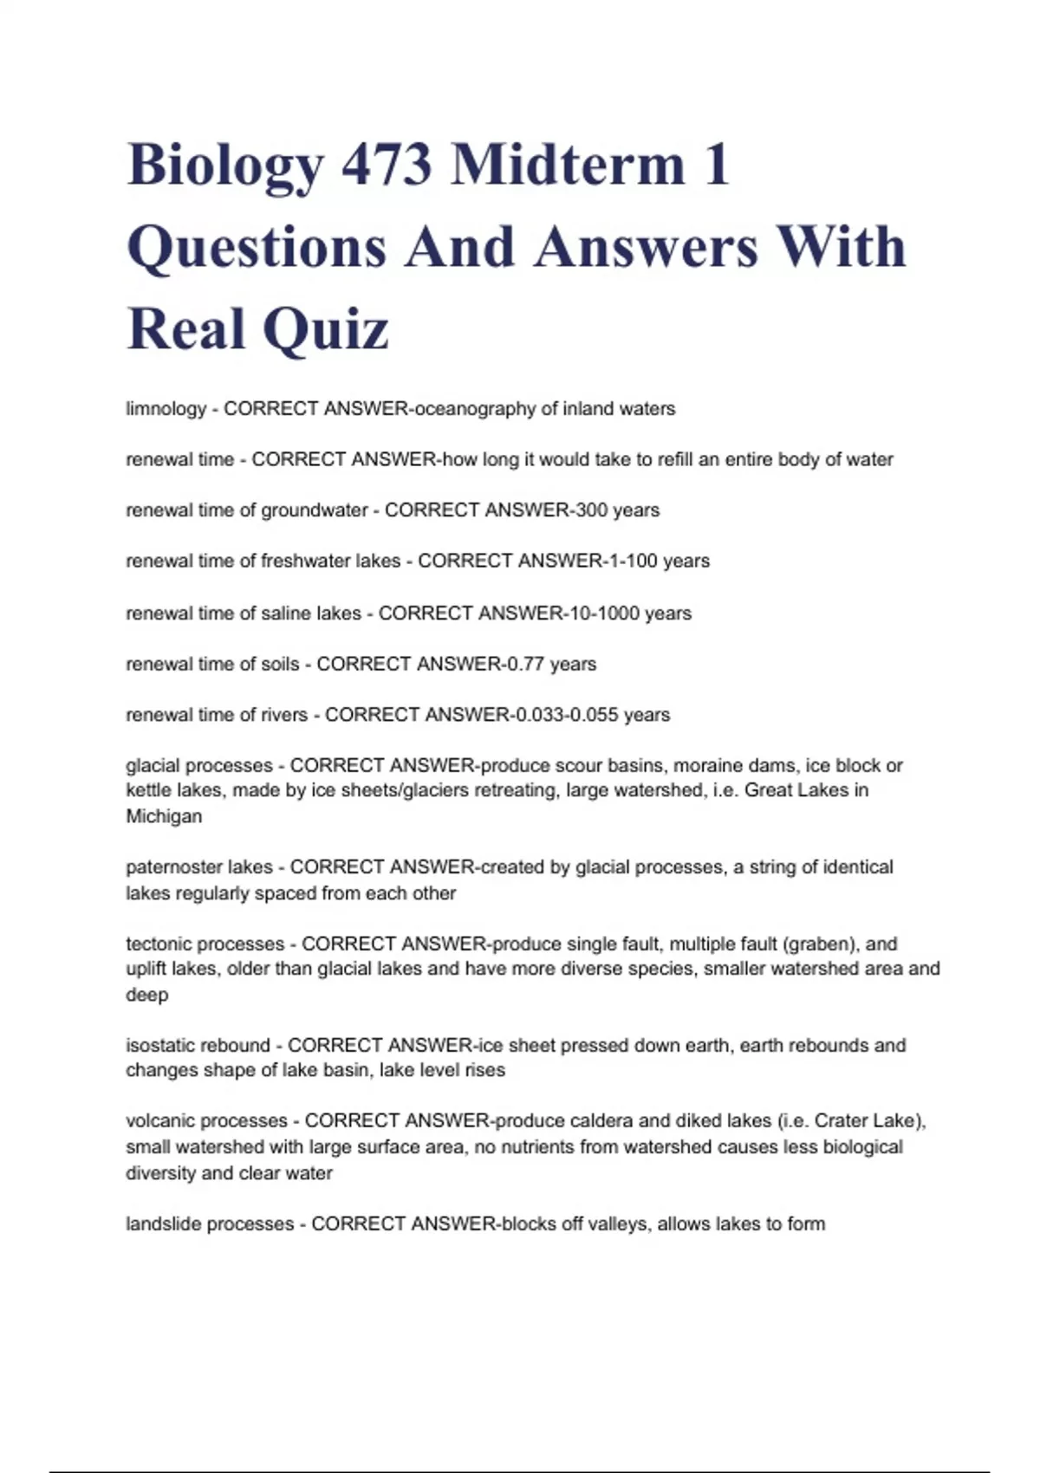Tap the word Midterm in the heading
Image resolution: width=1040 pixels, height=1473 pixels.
pos(569,165)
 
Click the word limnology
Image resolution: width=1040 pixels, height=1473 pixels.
pos(166,409)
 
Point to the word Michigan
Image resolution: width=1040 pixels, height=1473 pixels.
pos(164,816)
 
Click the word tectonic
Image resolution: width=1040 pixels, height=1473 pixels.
pos(161,944)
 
